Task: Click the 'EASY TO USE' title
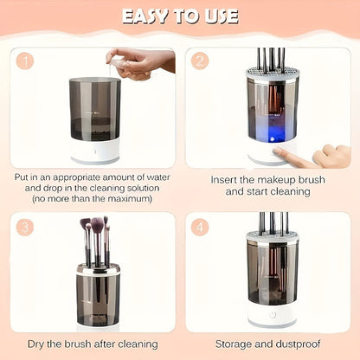coord(180,16)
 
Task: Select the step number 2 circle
coord(201,61)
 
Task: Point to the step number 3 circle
coord(25,227)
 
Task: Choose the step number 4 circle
coord(201,227)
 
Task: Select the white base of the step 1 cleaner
coord(94,151)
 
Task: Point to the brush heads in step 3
coord(94,228)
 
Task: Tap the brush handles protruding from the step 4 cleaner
coord(271,223)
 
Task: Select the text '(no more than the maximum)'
coord(93,198)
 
